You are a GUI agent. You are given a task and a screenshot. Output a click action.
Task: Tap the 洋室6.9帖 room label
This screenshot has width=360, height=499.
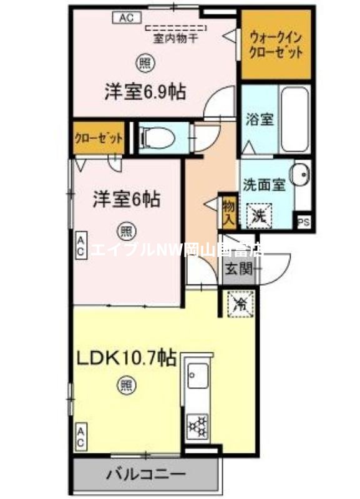coord(144,92)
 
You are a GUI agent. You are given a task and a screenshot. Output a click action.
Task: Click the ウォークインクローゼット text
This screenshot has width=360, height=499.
coord(275,44)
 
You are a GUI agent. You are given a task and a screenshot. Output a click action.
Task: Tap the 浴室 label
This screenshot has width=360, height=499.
coord(259,119)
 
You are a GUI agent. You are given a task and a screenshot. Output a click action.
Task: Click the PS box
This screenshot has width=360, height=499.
coord(304,222)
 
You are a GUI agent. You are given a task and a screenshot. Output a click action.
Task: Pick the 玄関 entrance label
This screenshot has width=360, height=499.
coord(238,269)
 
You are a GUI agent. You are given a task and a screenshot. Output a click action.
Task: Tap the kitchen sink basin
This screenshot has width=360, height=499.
coord(199,377)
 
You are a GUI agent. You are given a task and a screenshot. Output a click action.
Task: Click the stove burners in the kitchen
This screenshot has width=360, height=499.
coord(199,426)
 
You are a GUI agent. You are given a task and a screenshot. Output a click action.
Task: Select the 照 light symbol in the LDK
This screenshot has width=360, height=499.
coord(125,385)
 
